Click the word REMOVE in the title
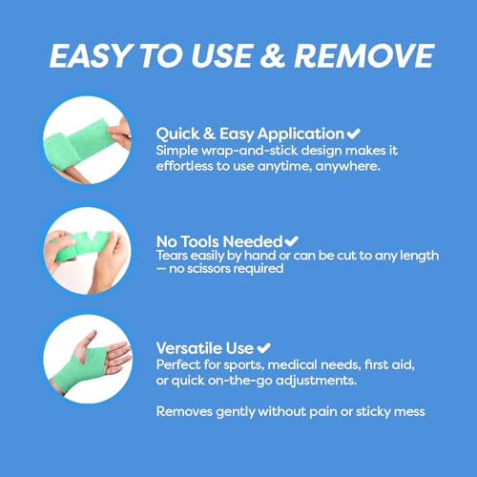[x=364, y=56]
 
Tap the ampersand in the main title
[x=272, y=56]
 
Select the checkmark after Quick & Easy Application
[x=353, y=134]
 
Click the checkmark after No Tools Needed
[x=291, y=241]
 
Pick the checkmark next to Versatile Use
[x=263, y=348]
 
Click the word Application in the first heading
[x=301, y=135]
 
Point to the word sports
[x=244, y=365]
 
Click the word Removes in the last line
[x=184, y=412]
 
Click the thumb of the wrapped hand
[x=87, y=340]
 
